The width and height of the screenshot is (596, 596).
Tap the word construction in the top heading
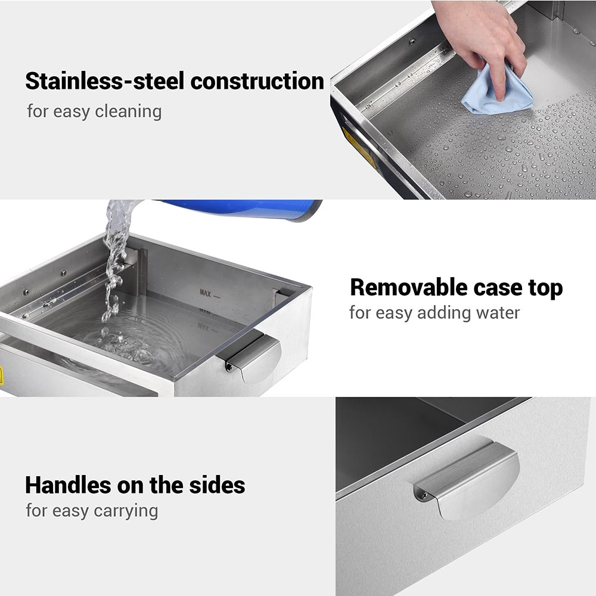pyautogui.click(x=257, y=82)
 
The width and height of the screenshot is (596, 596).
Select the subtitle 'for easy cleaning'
pyautogui.click(x=94, y=111)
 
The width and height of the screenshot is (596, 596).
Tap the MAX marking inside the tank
pyautogui.click(x=206, y=293)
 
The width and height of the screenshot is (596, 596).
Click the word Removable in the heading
pyautogui.click(x=408, y=288)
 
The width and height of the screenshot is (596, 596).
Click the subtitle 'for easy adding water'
pyautogui.click(x=434, y=312)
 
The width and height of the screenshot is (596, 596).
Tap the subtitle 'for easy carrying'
pyautogui.click(x=92, y=511)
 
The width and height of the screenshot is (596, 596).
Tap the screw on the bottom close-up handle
pyautogui.click(x=423, y=495)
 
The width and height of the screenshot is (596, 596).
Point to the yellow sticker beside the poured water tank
pyautogui.click(x=1, y=375)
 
